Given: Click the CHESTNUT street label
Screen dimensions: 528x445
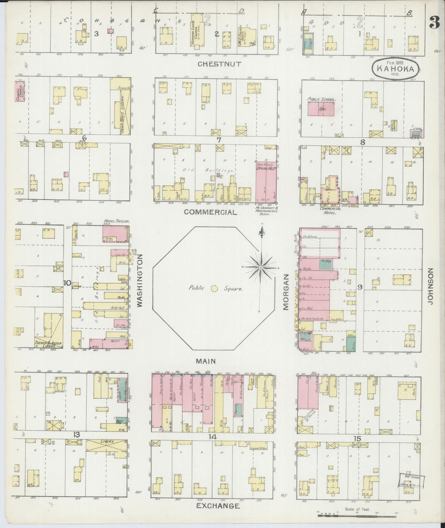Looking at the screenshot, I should (x=219, y=64).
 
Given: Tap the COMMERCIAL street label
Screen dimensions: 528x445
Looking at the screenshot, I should (x=211, y=212).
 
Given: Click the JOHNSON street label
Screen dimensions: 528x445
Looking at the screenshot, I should (x=430, y=286).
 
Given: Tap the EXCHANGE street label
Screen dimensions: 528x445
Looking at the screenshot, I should (x=218, y=506).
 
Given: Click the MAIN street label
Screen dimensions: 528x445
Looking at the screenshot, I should (x=206, y=361).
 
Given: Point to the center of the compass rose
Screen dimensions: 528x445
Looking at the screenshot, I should (x=261, y=268).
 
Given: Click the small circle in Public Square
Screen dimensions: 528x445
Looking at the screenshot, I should (x=214, y=289).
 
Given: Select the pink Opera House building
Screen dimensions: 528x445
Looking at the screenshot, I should (x=266, y=182).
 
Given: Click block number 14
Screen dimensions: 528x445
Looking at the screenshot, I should (x=212, y=437).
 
